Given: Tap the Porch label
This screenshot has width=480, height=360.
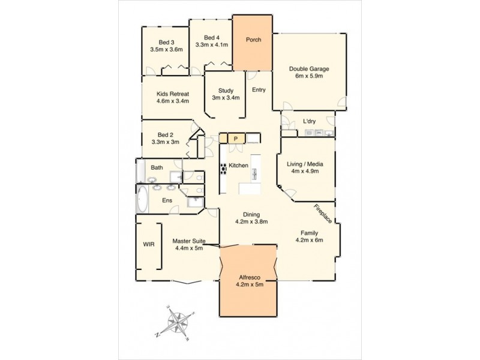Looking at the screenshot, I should point(253,40).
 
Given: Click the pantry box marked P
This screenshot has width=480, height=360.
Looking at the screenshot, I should point(236,139).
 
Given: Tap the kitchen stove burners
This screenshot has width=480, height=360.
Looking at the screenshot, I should point(223,169).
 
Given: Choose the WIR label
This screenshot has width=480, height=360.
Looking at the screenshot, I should point(149,244).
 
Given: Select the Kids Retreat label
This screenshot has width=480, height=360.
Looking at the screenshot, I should point(173,98).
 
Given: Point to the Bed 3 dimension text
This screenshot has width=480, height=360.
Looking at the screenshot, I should point(166,50).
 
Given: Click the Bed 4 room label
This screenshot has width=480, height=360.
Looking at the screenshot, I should point(212,36).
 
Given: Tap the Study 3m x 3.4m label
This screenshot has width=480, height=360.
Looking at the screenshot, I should point(226,94).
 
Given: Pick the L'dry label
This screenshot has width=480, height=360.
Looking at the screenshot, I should point(310,121).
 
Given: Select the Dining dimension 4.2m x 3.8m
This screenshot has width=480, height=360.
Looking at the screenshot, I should point(251,221).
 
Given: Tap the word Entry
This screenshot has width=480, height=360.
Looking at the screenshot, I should point(259,90).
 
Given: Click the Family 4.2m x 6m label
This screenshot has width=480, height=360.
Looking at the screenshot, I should point(309,236).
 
